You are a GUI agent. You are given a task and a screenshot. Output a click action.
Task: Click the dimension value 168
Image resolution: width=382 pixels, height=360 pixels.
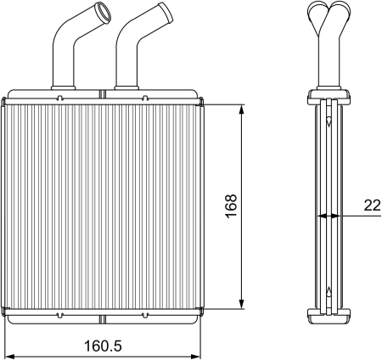coord(231,205)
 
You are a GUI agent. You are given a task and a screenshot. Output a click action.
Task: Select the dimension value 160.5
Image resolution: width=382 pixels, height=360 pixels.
coord(103,346)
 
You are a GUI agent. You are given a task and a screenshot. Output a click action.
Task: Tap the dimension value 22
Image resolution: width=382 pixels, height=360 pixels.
coord(372,205)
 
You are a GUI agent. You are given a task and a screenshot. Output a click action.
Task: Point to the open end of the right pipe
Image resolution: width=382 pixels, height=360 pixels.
coord(166,12)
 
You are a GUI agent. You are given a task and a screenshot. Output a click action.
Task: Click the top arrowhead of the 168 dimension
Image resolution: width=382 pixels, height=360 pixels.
coord(241,110)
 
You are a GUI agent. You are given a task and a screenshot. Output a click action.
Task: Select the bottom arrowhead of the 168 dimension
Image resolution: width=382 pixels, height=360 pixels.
coord(241,304)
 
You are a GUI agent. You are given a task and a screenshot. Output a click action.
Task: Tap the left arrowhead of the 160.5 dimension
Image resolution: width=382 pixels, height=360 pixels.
coord(10,356)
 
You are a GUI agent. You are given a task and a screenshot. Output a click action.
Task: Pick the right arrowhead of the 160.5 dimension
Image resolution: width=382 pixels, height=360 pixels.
coord(195,356)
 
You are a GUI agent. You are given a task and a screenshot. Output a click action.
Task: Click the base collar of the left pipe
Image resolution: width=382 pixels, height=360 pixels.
coord(63,87)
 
